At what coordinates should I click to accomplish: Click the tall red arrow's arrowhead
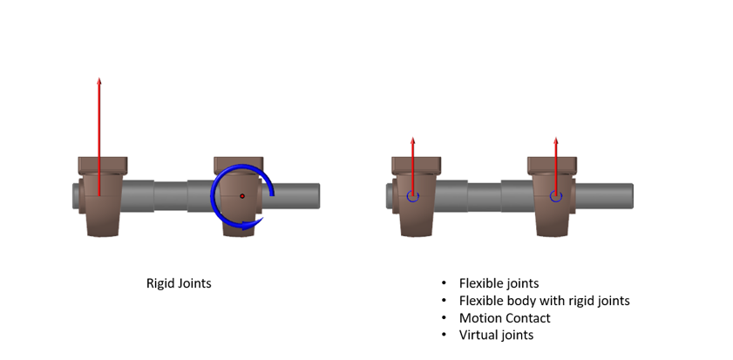point(99,81)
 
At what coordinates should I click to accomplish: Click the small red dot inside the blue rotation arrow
point(242,196)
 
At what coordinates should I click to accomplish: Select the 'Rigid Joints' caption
point(179,283)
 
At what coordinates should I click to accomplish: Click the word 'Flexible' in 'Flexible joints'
point(478,283)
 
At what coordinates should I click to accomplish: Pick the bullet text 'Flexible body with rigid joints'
point(545,301)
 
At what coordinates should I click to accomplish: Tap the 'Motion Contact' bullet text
point(505,318)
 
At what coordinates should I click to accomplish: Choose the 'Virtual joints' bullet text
point(497,335)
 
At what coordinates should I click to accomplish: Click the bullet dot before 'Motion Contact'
point(445,318)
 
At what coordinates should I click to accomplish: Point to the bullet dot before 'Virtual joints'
point(445,336)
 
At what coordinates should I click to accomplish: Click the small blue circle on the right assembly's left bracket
point(413,196)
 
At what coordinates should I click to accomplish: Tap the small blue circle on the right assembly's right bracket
point(556,196)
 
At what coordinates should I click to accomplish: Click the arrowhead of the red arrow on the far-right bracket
point(556,140)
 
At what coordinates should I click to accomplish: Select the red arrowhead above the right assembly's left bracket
point(413,140)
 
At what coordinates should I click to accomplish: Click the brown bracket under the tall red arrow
point(102,196)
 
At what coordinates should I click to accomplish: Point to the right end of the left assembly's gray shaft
point(319,196)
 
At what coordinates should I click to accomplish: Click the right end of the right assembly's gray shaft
point(632,196)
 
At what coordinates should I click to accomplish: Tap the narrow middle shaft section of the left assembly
point(171,196)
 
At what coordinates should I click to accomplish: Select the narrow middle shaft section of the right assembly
point(485,196)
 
